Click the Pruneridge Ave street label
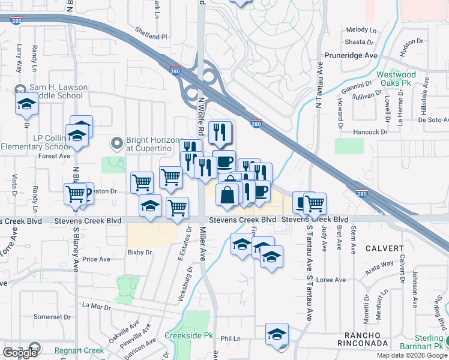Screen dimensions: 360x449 coord(350,55)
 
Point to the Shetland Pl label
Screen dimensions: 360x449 coord(151,37)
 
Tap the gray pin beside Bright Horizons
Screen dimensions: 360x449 coord(117,143)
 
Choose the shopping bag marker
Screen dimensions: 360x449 coord(228,195)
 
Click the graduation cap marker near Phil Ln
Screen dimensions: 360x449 coord(277,334)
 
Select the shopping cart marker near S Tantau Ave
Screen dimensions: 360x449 coord(314,203)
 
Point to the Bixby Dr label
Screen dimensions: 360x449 coord(139,253)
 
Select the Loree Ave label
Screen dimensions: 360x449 coord(332,280)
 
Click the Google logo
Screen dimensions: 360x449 coord(20,352)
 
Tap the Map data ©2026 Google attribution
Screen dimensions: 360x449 coord(411,355)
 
